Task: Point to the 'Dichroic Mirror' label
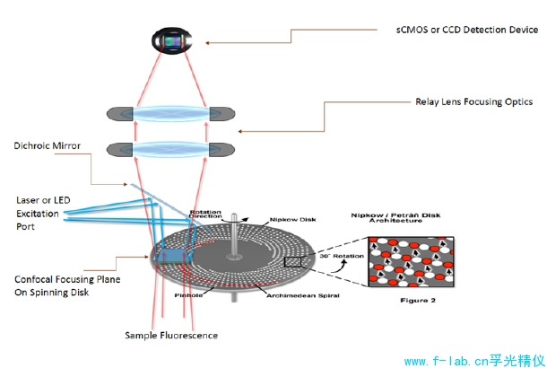pos(48,143)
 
